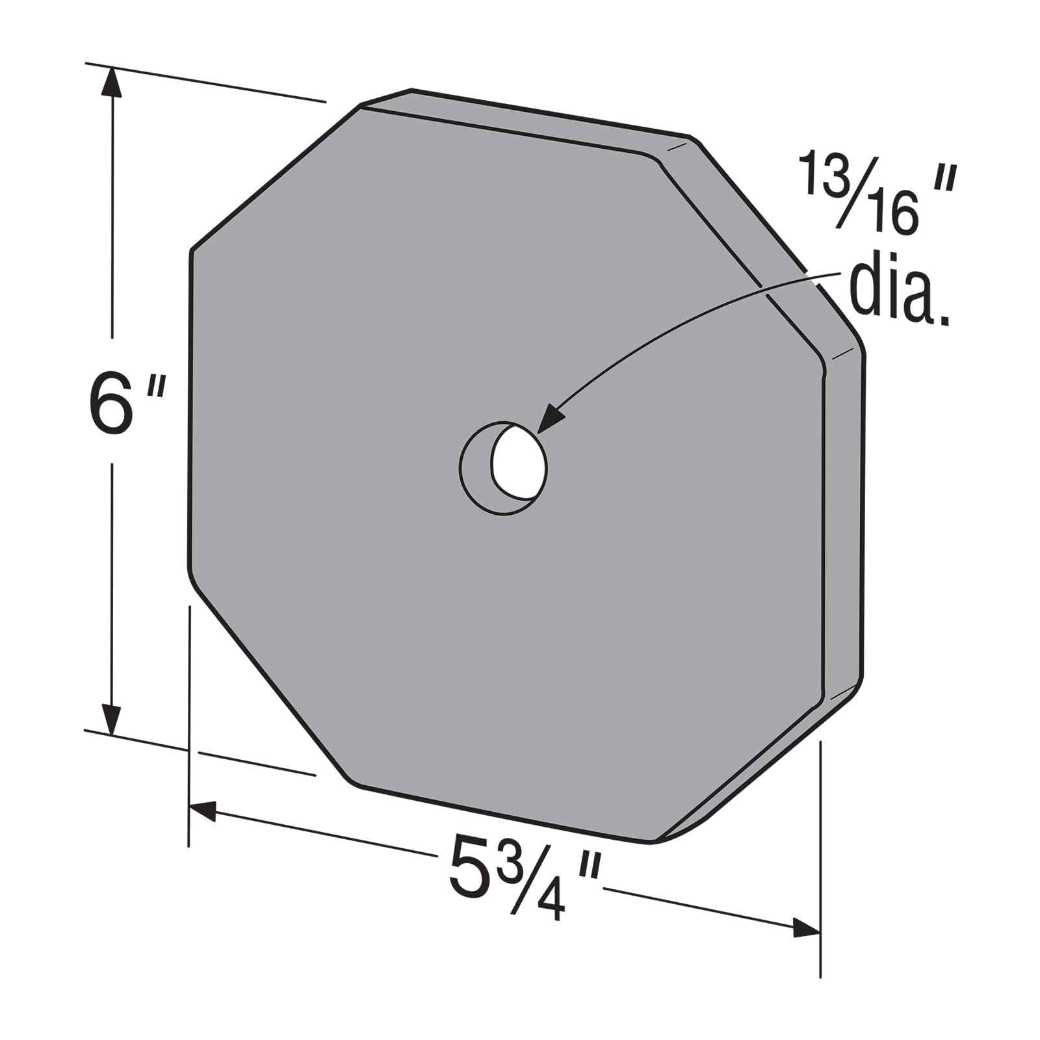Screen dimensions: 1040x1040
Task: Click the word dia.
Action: point(897,292)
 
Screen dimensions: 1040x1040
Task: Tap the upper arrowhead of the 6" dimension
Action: point(112,84)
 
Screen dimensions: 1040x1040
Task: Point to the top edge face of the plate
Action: point(520,123)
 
